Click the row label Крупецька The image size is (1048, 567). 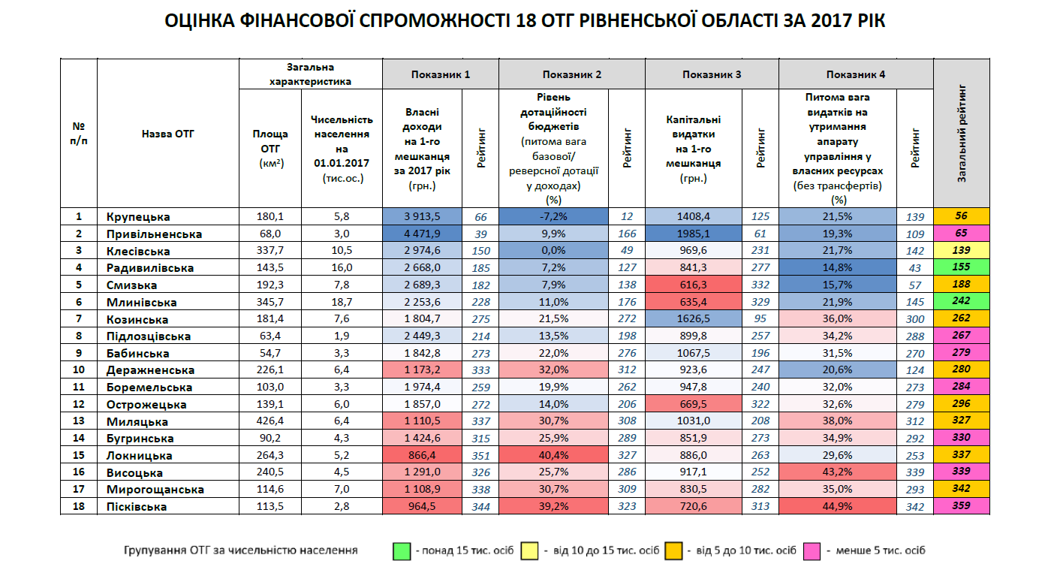(138, 217)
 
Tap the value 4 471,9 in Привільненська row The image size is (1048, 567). (422, 234)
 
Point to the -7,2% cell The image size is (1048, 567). (553, 217)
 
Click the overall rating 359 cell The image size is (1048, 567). (961, 506)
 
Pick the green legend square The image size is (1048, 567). (402, 551)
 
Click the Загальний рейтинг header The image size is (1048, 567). (961, 134)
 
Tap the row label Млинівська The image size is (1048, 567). (141, 303)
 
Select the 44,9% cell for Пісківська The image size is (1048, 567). (838, 507)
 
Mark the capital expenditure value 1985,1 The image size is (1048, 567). (692, 234)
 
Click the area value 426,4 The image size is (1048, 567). (270, 421)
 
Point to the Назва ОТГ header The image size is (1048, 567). (167, 134)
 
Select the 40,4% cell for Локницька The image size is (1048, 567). (553, 456)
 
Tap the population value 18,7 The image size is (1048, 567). (342, 303)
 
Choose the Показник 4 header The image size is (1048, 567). (855, 74)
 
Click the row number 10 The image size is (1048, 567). (78, 370)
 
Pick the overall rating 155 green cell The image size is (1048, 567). (961, 268)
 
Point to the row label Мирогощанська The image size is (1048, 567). (155, 490)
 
